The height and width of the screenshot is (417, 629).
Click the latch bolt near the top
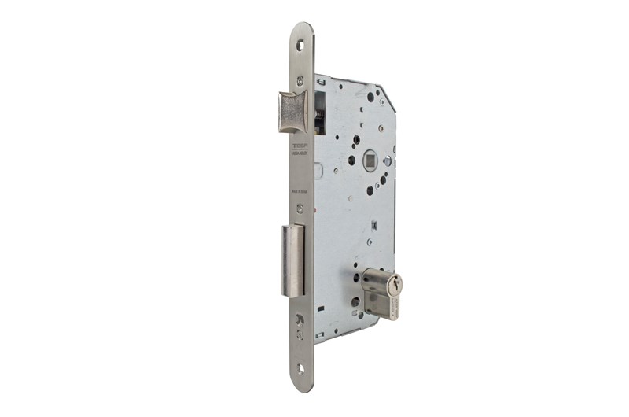click(292, 112)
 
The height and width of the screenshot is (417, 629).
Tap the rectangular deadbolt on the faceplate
click(292, 260)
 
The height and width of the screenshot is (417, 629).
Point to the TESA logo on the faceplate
click(300, 146)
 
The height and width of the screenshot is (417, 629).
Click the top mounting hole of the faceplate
click(300, 45)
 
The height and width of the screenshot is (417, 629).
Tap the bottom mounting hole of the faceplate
click(300, 368)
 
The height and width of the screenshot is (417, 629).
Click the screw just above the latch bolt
click(300, 80)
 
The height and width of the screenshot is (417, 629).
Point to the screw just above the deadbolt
click(300, 208)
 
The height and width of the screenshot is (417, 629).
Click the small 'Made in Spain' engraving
click(300, 190)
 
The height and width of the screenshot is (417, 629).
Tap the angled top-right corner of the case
click(388, 96)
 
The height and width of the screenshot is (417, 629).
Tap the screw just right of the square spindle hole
click(387, 162)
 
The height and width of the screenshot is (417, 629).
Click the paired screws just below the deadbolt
click(300, 323)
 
